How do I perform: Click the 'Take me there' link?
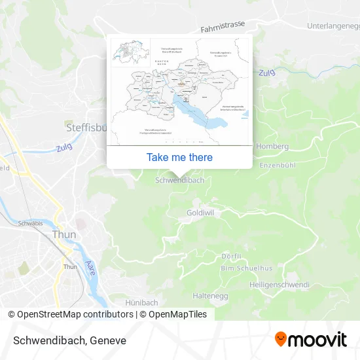(x=179, y=157)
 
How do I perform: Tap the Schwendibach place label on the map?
(x=180, y=180)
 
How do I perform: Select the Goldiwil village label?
(x=200, y=213)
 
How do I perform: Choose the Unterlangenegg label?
(x=334, y=26)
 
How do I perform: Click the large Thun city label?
(x=64, y=234)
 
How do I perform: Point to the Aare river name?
(x=90, y=267)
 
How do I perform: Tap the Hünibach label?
(x=141, y=302)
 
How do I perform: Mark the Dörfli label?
(x=232, y=256)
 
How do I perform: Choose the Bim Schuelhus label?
(x=246, y=268)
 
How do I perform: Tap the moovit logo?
(x=311, y=340)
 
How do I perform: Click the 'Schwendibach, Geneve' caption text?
(x=67, y=340)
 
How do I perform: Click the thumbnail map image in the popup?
(x=179, y=90)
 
